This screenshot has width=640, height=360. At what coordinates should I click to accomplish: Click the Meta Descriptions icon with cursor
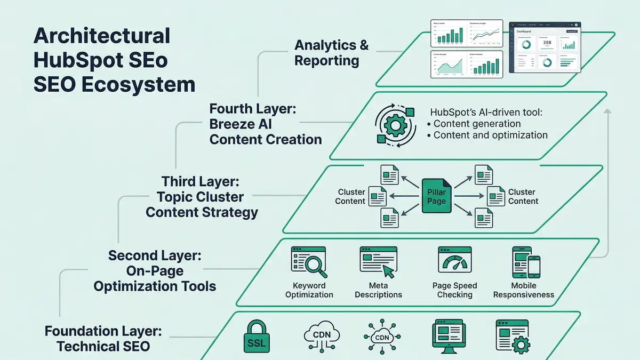click(x=378, y=263)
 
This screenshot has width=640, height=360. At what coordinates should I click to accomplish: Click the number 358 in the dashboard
click(x=546, y=43)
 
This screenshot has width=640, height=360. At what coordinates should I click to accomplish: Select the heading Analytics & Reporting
click(x=331, y=52)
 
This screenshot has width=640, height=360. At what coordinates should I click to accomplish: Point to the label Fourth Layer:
click(x=253, y=109)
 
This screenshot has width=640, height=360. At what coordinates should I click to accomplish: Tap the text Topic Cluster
click(x=200, y=196)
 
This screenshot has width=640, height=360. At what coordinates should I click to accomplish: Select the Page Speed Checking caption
click(x=454, y=290)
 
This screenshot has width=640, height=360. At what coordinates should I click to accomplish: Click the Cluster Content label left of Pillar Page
click(x=351, y=196)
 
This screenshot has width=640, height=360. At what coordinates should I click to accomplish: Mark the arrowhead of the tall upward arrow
click(x=606, y=111)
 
